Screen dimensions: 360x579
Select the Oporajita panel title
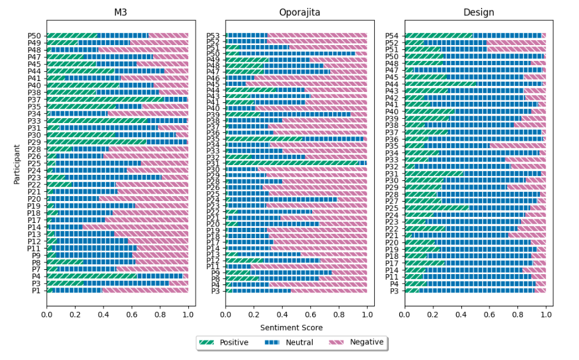(296, 13)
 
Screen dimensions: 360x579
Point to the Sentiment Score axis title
(296, 328)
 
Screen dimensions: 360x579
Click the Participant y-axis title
(17, 163)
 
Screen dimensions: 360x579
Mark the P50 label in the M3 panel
(34, 36)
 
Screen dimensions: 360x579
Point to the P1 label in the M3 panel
(36, 291)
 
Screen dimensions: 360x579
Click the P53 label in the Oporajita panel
(213, 36)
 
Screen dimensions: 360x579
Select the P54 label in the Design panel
(393, 36)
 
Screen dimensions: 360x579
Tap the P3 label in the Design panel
(394, 291)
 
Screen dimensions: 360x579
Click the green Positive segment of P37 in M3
(104, 99)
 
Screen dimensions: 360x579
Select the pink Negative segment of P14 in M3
(134, 227)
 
